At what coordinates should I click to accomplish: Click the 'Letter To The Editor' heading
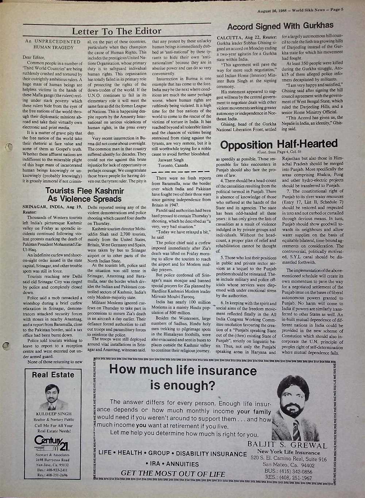[x=116, y=31]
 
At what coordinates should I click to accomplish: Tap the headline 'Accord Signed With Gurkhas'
[x=280, y=26]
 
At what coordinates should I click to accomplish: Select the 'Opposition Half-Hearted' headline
[x=279, y=144]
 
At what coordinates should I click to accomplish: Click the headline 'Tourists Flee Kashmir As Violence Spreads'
[x=85, y=195]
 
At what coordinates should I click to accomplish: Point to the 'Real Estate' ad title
[x=53, y=375]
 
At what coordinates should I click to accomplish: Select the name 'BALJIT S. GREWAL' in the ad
[x=287, y=445]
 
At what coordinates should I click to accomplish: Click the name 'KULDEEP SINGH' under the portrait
[x=53, y=414]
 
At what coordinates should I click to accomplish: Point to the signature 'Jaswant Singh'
[x=171, y=160]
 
